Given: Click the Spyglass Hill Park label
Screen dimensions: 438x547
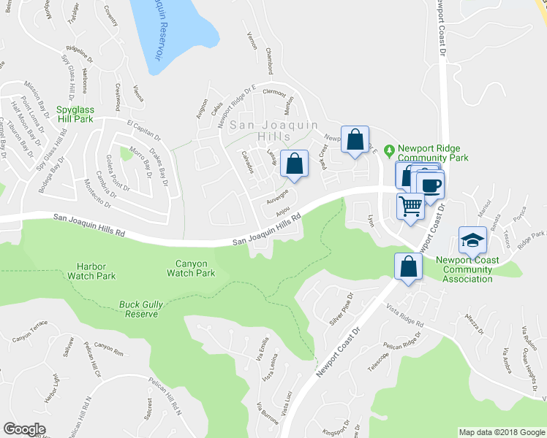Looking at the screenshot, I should click(x=75, y=113).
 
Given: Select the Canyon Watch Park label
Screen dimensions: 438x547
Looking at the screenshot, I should click(x=190, y=268).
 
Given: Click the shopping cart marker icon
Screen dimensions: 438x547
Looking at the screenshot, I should click(x=411, y=206).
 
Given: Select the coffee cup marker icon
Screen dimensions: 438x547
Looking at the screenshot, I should click(x=431, y=182).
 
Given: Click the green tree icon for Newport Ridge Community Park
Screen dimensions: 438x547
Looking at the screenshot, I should click(x=390, y=150).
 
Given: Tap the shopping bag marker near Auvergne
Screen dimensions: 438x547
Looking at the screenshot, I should click(x=294, y=165).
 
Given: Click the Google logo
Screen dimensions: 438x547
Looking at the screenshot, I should click(x=24, y=429).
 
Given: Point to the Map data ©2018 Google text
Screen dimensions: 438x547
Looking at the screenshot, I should click(x=501, y=431).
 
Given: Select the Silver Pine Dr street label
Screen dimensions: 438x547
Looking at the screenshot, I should click(x=342, y=310).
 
